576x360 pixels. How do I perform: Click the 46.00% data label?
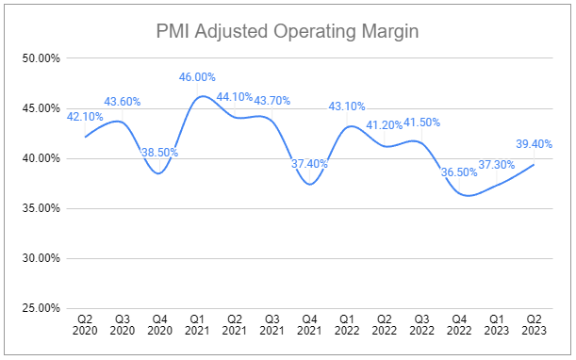(198, 77)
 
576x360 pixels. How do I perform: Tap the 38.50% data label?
(160, 152)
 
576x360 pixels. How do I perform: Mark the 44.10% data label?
(235, 96)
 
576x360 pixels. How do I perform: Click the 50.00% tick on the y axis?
(41, 58)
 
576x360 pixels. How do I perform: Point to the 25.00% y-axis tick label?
(41, 308)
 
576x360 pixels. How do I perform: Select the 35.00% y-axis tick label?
(41, 208)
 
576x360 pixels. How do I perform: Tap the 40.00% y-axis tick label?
(41, 158)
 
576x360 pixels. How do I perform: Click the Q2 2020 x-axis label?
(86, 326)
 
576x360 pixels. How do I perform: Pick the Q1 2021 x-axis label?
(197, 326)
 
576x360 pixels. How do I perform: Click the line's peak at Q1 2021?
(199, 97)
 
